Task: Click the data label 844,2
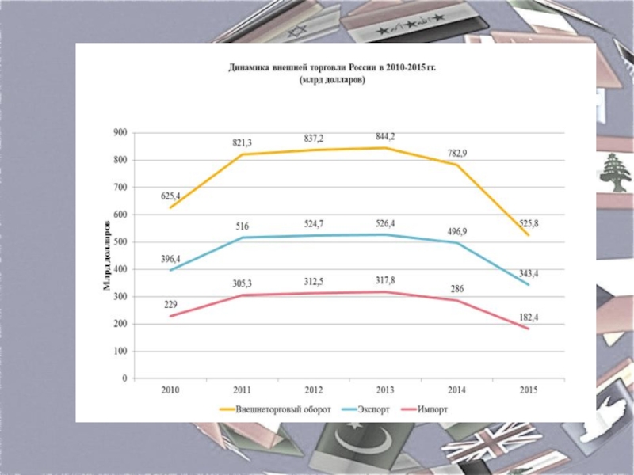click(x=385, y=137)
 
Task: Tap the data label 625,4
click(x=170, y=196)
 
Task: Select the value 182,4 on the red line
click(x=529, y=317)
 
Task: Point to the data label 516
click(x=243, y=226)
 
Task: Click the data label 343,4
click(x=529, y=273)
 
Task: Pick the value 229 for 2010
click(x=170, y=305)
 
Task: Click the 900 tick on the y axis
click(x=120, y=133)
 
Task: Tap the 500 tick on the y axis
click(x=120, y=242)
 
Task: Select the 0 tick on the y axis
click(x=124, y=378)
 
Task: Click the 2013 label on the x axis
click(x=384, y=390)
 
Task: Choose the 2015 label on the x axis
click(x=529, y=390)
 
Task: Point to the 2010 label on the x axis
click(x=170, y=390)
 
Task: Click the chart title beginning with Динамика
click(x=333, y=69)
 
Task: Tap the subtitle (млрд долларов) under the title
click(x=333, y=81)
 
